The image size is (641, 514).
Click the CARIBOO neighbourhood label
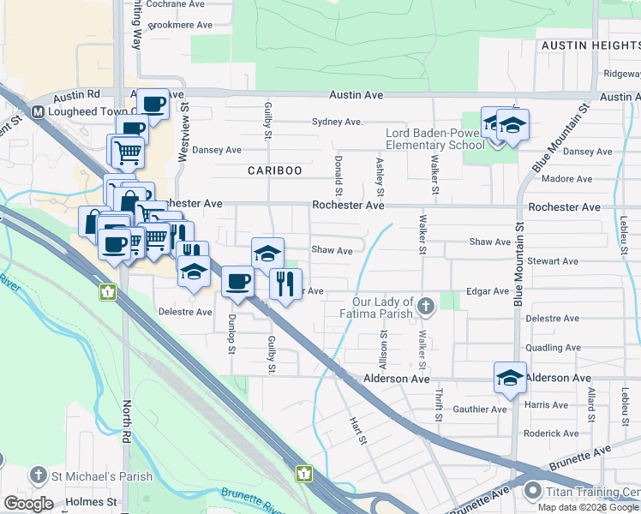click(275, 170)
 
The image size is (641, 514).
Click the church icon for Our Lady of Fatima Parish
click(426, 306)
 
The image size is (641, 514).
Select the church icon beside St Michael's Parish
click(39, 475)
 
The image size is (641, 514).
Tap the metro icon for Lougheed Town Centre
click(39, 111)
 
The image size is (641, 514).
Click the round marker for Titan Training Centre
click(532, 492)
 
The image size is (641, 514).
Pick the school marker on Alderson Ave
click(510, 377)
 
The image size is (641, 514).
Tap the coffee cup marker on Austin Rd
click(153, 105)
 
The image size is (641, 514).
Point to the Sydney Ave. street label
click(337, 122)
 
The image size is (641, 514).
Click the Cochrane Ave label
click(175, 4)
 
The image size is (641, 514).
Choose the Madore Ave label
click(567, 179)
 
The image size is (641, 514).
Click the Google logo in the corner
click(28, 504)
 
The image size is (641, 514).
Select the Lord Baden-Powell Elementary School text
click(434, 139)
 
